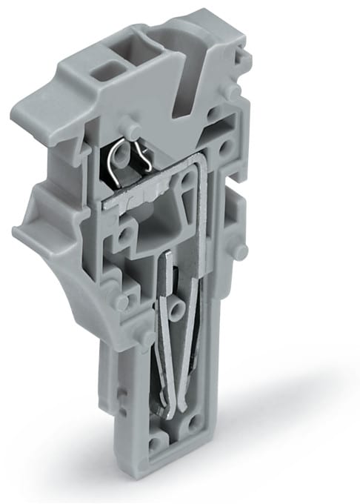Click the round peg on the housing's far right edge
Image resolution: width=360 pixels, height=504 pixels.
click(x=238, y=250)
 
